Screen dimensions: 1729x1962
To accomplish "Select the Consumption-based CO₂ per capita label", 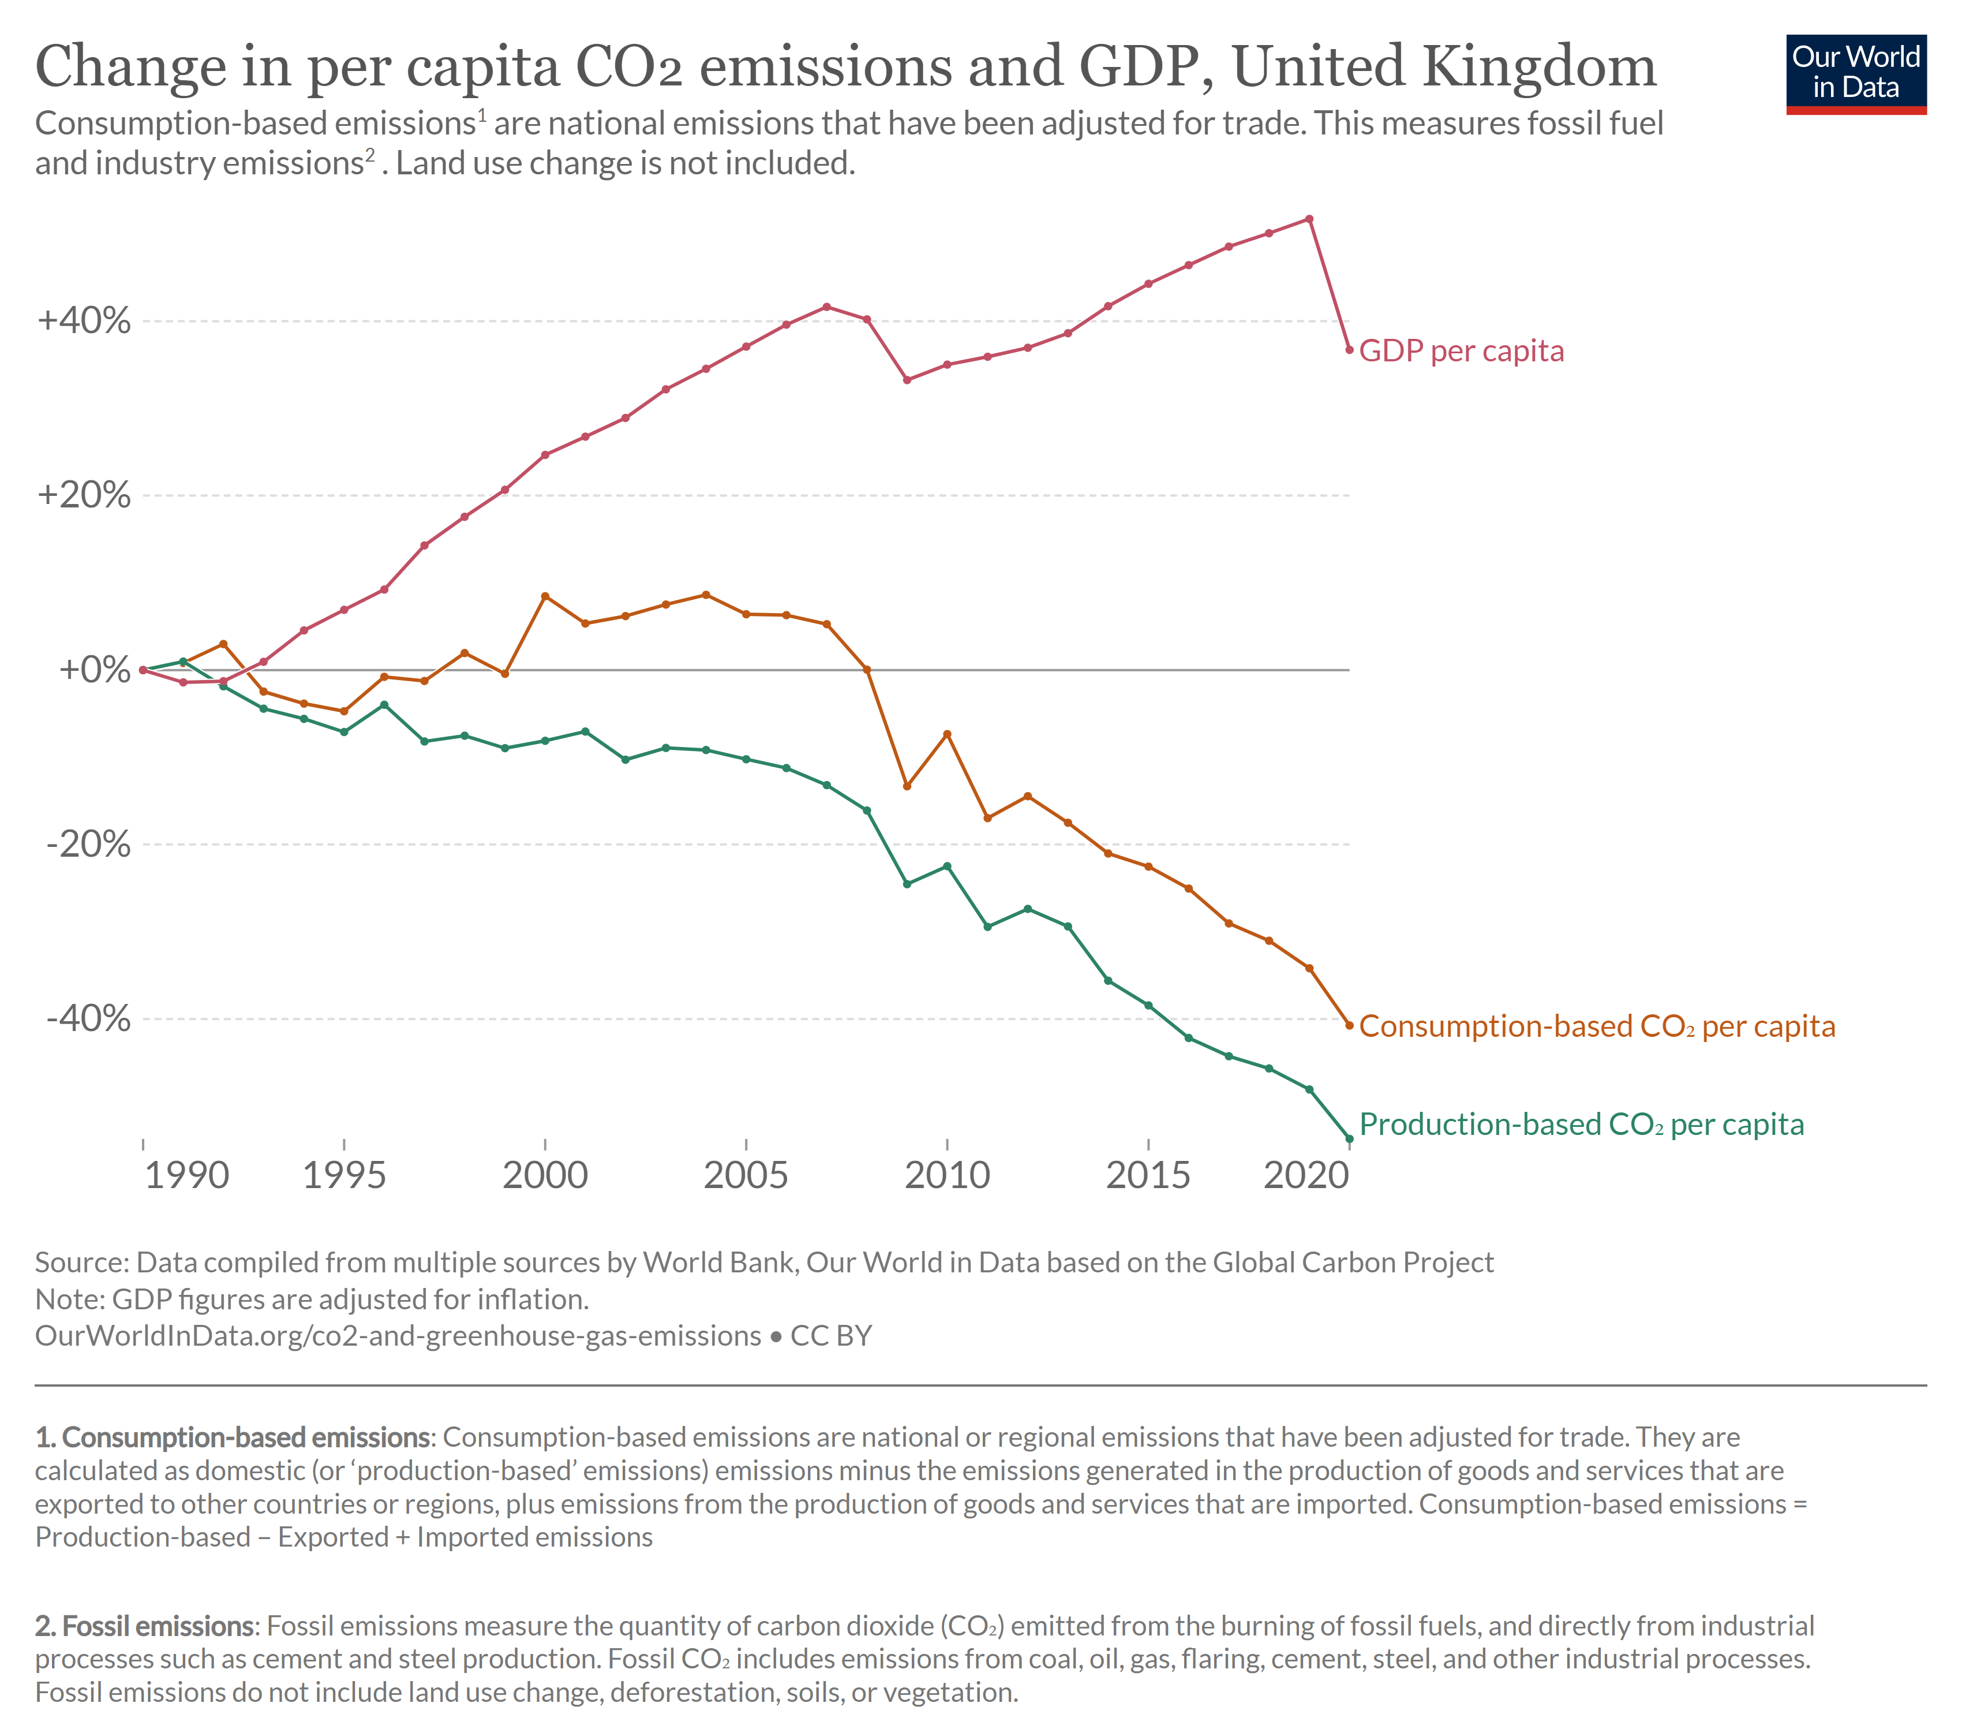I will click(x=1596, y=1026).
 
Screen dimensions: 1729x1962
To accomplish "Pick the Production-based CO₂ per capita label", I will click(x=1581, y=1124).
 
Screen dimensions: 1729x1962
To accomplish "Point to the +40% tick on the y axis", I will click(x=84, y=320).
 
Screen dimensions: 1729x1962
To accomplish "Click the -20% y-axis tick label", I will click(x=88, y=845).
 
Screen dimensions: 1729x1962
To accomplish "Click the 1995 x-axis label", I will click(x=343, y=1175).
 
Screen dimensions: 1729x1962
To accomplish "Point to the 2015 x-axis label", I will click(x=1148, y=1175).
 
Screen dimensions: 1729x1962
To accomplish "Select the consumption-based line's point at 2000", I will click(x=545, y=596).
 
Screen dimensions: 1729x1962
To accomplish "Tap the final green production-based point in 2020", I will click(x=1350, y=1138).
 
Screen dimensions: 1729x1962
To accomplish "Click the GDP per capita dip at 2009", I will click(x=907, y=380).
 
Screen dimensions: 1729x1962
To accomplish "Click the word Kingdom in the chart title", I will click(x=1538, y=67).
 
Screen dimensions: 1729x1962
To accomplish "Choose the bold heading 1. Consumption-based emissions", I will click(x=234, y=1437).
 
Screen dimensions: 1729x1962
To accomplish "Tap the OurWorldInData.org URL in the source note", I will click(x=398, y=1335).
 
